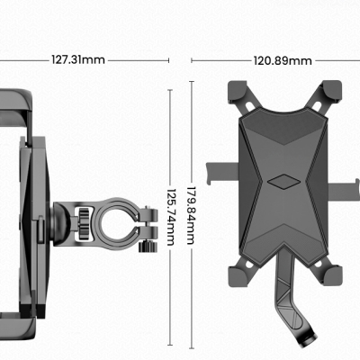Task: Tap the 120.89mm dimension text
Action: [282, 61]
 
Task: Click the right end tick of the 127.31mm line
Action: [169, 60]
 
